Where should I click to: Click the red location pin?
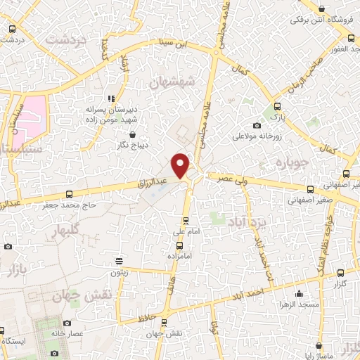click(181, 165)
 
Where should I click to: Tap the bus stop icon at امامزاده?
click(180, 245)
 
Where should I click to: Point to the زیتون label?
click(119, 271)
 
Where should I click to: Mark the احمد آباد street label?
click(251, 292)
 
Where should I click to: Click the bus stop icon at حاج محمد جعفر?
click(68, 194)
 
